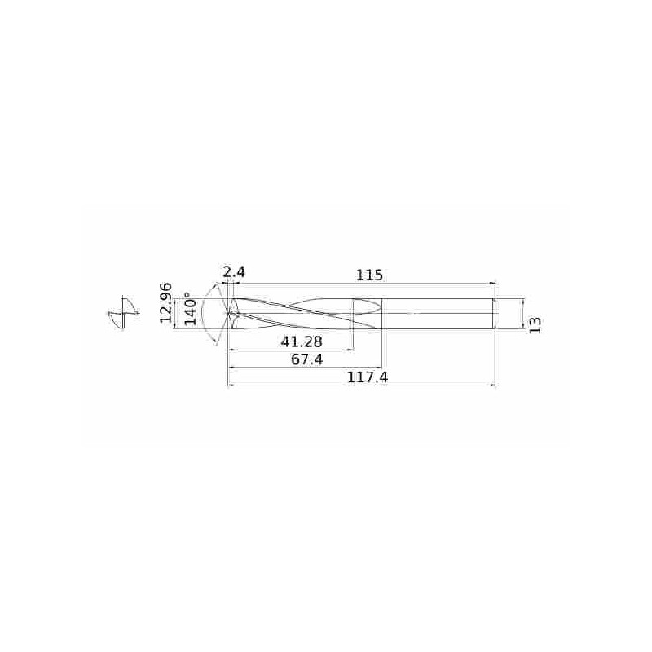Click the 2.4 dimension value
234,273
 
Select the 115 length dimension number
369,275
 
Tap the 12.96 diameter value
166,302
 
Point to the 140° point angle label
191,309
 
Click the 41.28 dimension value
302,341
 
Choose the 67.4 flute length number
307,359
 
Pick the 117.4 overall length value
368,377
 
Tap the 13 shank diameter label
536,325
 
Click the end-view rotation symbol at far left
123,313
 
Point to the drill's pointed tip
228,313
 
